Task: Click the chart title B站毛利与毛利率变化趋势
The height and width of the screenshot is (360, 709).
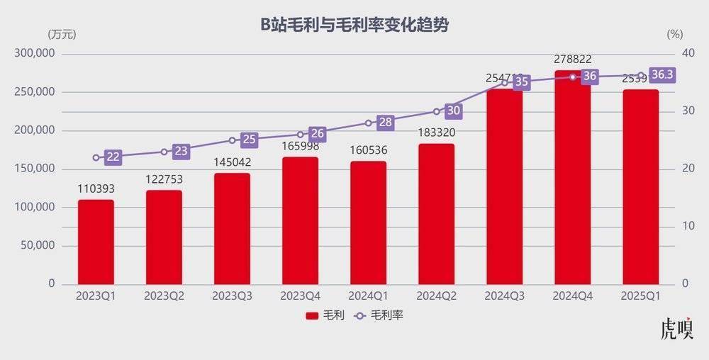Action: [x=354, y=26]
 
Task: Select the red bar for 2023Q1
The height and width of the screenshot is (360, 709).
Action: [x=96, y=241]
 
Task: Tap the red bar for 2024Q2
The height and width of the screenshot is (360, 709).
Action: [x=436, y=213]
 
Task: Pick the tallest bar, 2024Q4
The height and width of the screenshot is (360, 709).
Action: [x=572, y=177]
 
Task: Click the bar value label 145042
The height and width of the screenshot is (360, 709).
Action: [x=232, y=162]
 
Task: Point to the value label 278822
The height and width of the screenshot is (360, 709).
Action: [x=572, y=60]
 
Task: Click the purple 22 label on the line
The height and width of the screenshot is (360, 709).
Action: [x=113, y=157]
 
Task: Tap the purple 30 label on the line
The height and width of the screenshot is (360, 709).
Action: [x=453, y=111]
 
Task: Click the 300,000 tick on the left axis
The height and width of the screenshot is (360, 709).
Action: [x=35, y=54]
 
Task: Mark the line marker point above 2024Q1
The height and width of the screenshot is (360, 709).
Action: [x=368, y=123]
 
